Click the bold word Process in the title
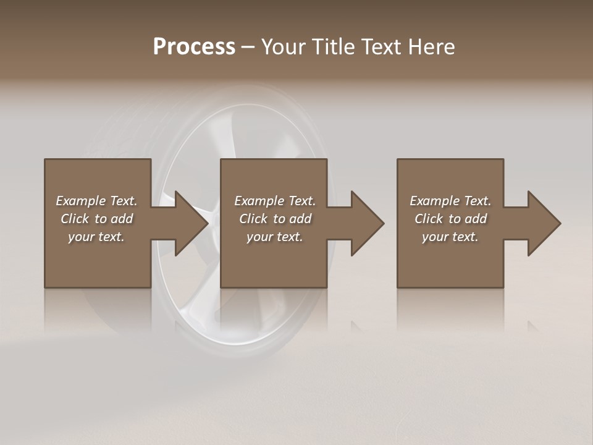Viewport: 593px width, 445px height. [x=194, y=47]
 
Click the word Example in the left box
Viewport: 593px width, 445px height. [x=81, y=201]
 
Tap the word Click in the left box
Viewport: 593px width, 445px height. [x=75, y=219]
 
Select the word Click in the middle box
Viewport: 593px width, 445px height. [x=253, y=219]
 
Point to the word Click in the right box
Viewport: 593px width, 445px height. [x=429, y=219]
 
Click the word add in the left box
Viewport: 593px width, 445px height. [x=122, y=219]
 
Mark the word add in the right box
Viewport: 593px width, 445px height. [x=476, y=219]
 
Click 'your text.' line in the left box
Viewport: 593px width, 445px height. [x=96, y=237]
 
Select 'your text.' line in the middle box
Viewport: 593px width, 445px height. [x=274, y=237]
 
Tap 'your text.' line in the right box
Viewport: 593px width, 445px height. [x=450, y=237]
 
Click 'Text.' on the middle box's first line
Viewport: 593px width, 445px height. [x=301, y=201]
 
